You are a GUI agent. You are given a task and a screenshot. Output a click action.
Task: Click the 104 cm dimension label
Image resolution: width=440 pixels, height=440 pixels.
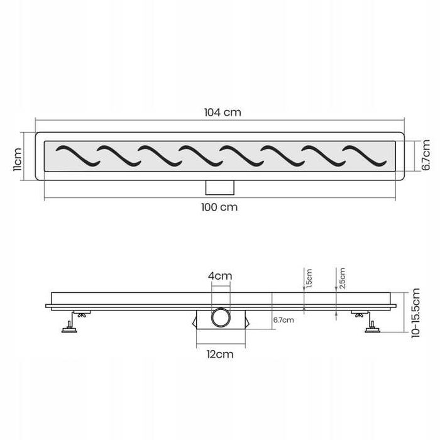coord(223,113)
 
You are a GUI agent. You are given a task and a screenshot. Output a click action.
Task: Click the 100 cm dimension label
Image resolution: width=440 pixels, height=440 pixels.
coord(219,207)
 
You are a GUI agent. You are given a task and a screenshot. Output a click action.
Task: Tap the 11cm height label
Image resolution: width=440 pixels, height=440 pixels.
coord(17,159)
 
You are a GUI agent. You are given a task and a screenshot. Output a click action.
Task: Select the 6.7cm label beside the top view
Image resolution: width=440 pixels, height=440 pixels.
coord(426,155)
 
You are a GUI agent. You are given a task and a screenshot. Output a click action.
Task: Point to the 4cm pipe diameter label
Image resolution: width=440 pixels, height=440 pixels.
coord(220,276)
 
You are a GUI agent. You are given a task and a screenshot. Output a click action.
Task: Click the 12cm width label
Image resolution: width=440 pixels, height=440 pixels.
coord(220,354)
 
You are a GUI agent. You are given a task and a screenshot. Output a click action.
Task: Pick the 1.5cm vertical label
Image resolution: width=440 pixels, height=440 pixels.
coord(309,278)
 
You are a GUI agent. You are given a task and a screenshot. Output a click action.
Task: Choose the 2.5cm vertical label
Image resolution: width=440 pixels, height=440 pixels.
coord(342,278)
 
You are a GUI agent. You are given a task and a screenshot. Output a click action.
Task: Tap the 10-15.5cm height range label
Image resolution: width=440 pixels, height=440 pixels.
coord(415,313)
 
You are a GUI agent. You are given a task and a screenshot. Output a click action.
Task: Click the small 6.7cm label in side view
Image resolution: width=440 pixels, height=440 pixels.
coord(283,320)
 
